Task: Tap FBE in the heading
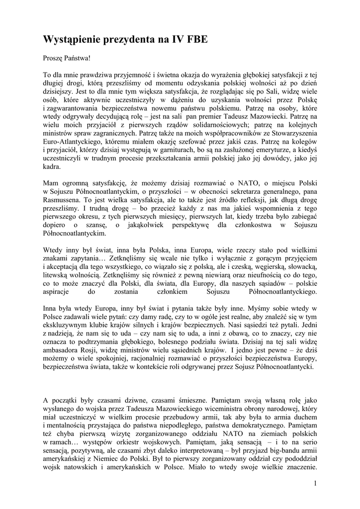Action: point(194,40)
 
